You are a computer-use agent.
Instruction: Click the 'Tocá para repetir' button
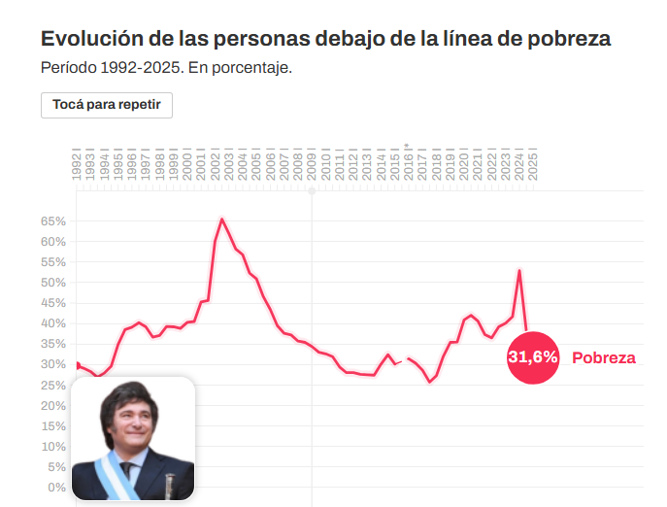point(107,105)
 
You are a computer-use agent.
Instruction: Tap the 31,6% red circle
point(533,357)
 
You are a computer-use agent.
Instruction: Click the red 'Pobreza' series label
point(603,357)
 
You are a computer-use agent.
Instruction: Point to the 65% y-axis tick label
point(52,221)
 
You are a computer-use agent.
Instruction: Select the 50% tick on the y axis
point(52,283)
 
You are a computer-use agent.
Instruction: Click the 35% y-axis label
point(52,344)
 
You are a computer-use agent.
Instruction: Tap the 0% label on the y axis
point(56,487)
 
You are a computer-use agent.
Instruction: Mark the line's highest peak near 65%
point(222,220)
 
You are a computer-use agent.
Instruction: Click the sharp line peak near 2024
point(519,271)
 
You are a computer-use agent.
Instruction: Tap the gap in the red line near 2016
point(404,360)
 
